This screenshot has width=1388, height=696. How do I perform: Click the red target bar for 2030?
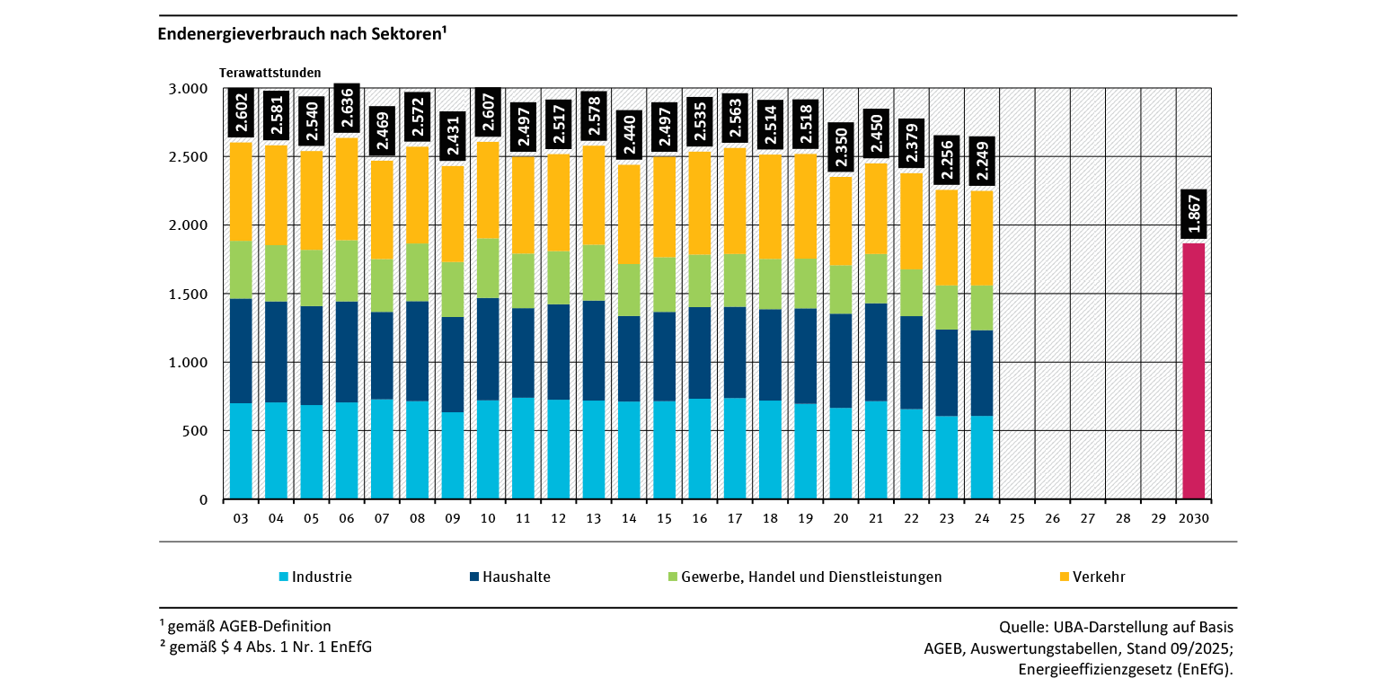pyautogui.click(x=1193, y=371)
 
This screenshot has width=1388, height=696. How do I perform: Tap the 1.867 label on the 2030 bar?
pyautogui.click(x=1193, y=216)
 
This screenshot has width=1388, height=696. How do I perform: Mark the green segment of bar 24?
pyautogui.click(x=982, y=308)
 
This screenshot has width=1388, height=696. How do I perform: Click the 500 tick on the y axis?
pyautogui.click(x=196, y=431)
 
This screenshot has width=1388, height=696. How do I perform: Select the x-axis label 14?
pyautogui.click(x=629, y=519)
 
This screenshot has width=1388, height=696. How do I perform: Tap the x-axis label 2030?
pyautogui.click(x=1193, y=519)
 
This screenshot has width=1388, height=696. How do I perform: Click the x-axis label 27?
pyautogui.click(x=1087, y=519)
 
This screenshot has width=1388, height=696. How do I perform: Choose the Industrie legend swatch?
pyautogui.click(x=284, y=577)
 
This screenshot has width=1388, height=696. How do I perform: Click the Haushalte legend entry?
pyautogui.click(x=516, y=577)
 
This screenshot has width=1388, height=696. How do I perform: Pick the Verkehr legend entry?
pyautogui.click(x=1099, y=577)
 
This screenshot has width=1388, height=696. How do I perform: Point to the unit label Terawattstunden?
pyautogui.click(x=270, y=73)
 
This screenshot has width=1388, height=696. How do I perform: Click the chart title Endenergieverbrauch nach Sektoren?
pyautogui.click(x=302, y=35)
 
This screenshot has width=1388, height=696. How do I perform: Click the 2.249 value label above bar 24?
pyautogui.click(x=982, y=163)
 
